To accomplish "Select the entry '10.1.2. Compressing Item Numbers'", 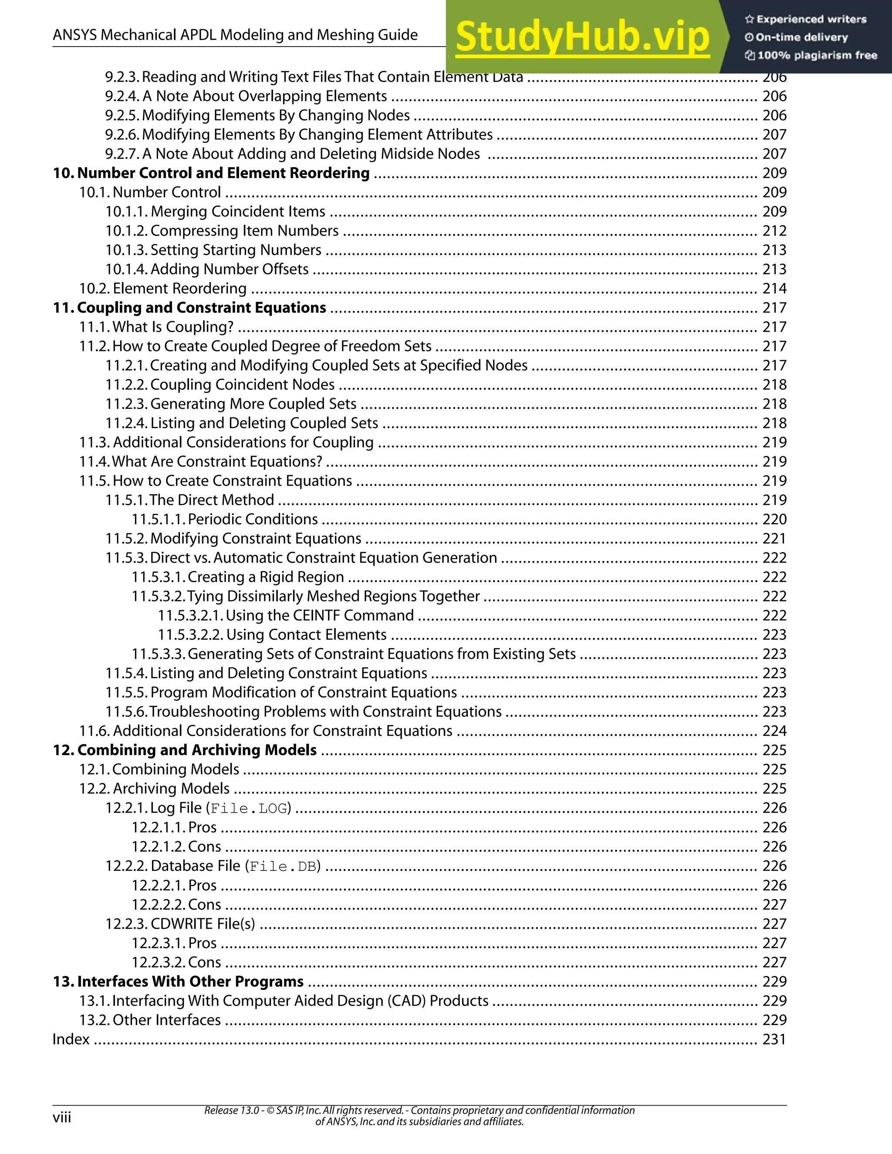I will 222,231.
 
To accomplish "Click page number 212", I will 774,231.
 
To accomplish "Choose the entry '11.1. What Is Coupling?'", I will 156,327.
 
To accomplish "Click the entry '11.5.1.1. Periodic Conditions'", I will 225,520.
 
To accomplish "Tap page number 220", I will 774,520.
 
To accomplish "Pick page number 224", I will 774,731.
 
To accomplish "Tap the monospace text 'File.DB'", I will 283,866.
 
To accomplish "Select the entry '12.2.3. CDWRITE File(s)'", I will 180,924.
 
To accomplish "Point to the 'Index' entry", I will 71,1039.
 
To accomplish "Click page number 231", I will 774,1039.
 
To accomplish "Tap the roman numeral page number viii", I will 61,1117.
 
